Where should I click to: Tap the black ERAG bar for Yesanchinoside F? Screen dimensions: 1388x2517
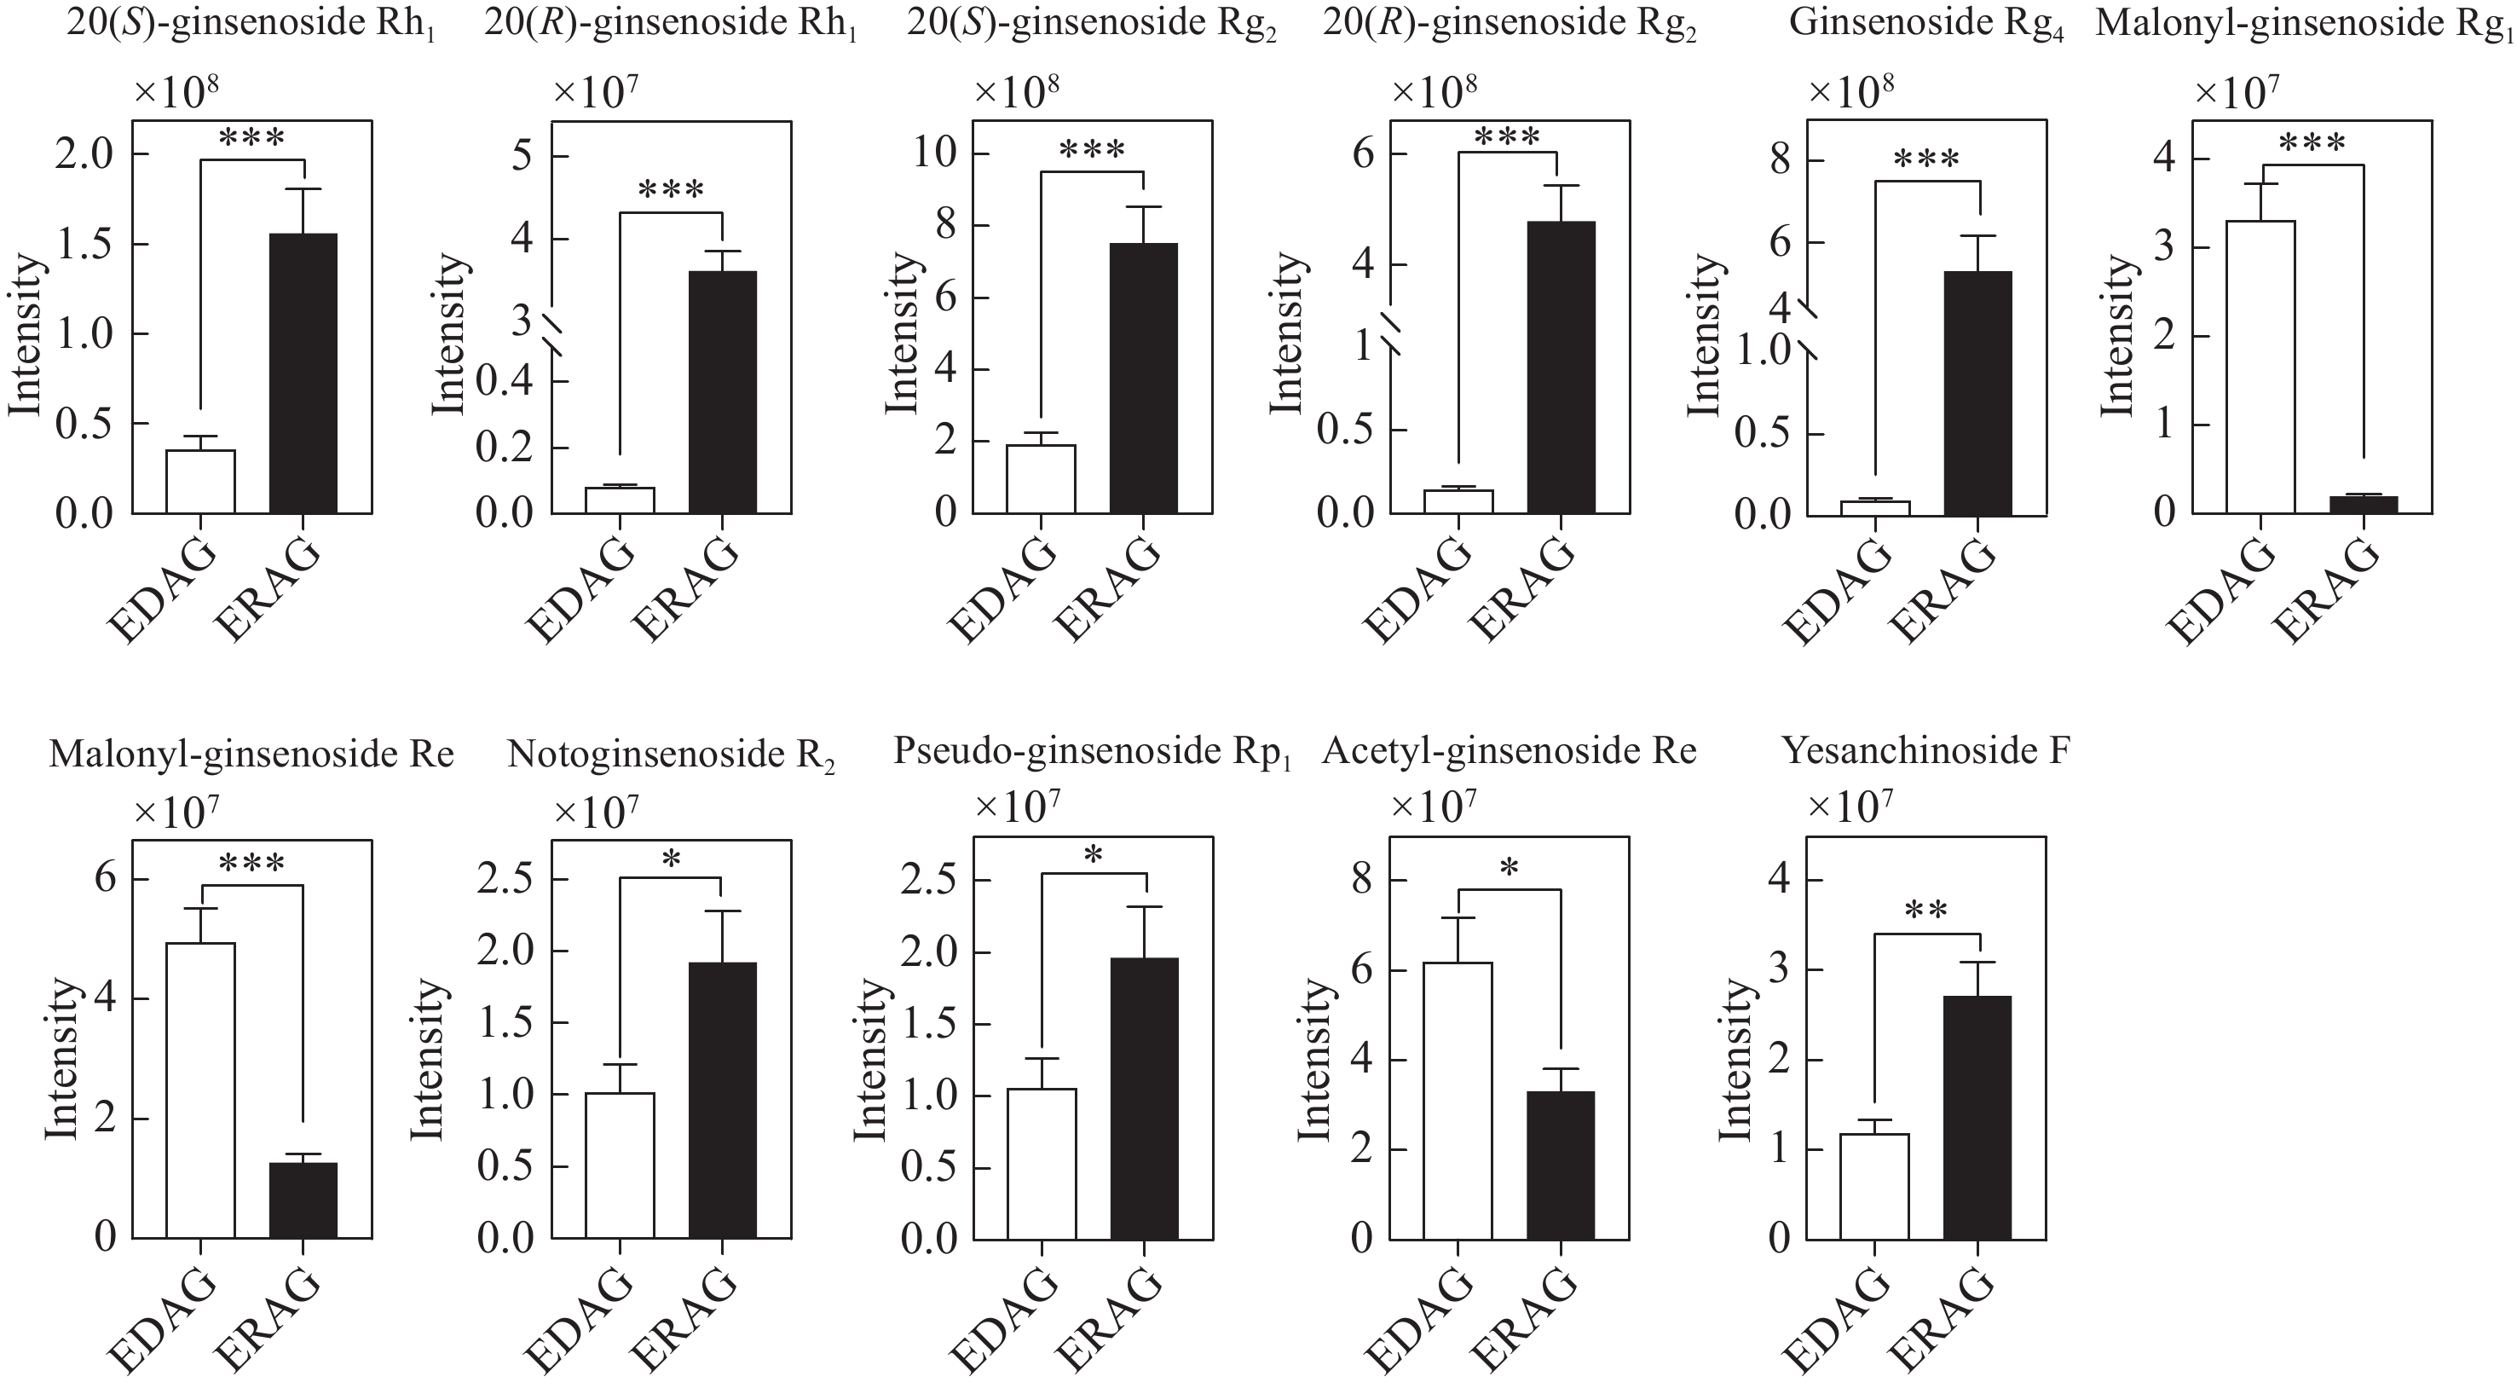(1977, 1117)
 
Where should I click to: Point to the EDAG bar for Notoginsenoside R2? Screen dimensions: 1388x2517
(621, 1165)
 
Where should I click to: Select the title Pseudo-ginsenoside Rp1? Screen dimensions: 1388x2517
(1091, 752)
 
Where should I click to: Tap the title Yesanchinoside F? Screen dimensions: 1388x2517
(1925, 752)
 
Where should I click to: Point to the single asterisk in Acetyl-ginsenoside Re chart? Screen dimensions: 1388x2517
(1510, 869)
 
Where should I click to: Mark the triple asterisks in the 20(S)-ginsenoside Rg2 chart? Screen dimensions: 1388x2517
(1091, 152)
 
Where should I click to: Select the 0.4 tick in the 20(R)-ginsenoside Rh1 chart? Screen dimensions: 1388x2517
(508, 381)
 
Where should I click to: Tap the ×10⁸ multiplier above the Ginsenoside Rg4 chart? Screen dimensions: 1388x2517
(1851, 91)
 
